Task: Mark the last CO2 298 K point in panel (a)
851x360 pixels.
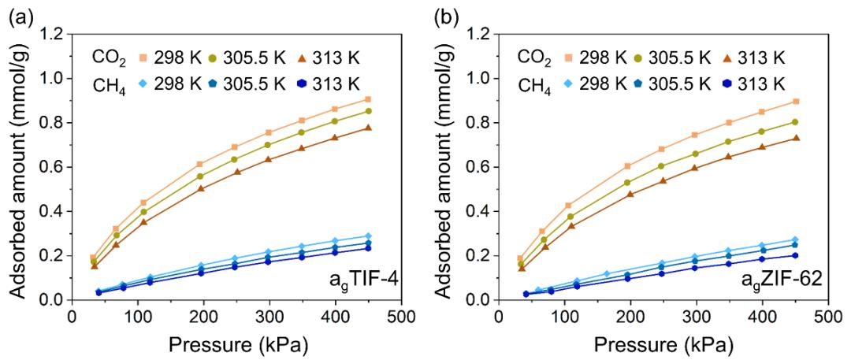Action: click(x=368, y=99)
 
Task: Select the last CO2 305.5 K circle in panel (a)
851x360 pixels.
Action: click(x=368, y=111)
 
